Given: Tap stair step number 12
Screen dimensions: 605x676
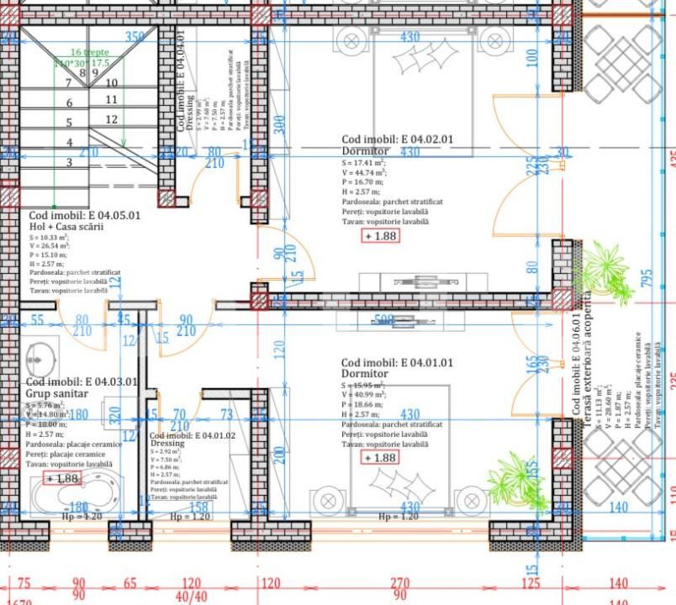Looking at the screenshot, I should (x=111, y=119).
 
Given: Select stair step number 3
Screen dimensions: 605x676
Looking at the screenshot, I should (x=69, y=162).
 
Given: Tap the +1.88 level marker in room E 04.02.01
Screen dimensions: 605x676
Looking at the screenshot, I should (x=381, y=236).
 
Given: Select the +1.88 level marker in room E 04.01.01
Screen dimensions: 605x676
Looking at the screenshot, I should (x=380, y=458).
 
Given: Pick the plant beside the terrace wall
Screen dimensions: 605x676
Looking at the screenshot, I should (x=605, y=271).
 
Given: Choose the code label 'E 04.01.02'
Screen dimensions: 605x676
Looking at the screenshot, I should (x=193, y=436).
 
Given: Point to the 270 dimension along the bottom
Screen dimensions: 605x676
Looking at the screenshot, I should (x=399, y=583).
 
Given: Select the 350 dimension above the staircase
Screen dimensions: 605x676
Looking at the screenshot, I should (x=135, y=37).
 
